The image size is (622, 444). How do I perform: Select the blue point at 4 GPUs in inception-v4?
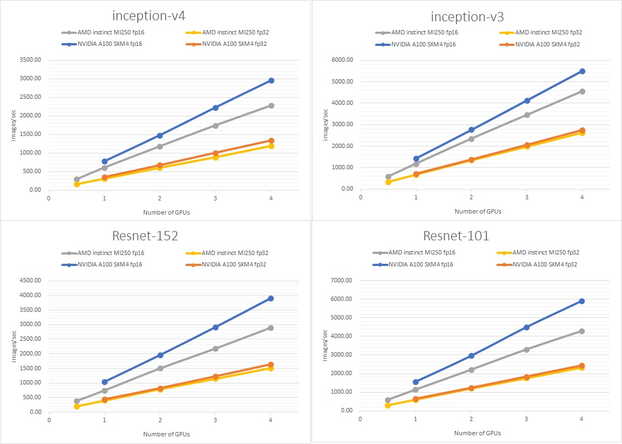271,80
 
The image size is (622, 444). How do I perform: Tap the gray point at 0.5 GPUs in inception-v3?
388,177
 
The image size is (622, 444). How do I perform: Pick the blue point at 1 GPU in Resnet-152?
104,382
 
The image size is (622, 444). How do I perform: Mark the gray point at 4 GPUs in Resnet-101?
582,331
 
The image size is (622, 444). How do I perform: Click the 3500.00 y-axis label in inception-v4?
30,60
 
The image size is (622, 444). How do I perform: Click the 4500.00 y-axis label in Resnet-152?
30,281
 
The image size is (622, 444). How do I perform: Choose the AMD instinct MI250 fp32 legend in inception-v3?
547,32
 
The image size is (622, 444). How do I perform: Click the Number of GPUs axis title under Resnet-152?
167,434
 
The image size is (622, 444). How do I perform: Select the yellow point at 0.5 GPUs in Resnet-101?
388,405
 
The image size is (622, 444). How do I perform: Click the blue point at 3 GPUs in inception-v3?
527,100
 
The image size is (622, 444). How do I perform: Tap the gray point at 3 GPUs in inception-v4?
215,126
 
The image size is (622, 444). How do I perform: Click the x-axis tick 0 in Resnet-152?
49,420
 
